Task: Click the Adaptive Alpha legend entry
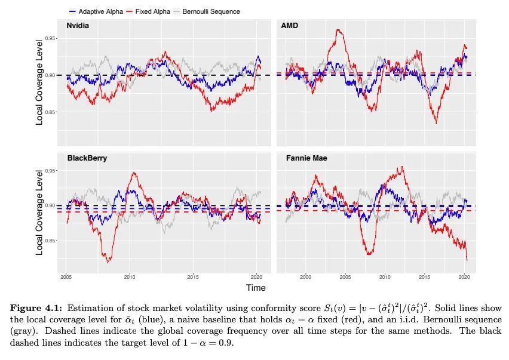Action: [92, 11]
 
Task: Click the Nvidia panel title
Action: [78, 26]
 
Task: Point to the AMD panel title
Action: [290, 26]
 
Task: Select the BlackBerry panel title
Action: [87, 159]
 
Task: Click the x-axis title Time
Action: [256, 288]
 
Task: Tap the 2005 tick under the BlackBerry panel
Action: [66, 277]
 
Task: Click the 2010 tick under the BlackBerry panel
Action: [130, 277]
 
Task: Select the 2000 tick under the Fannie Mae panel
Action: [305, 277]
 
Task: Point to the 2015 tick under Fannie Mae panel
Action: [424, 277]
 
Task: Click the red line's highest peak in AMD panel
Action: [339, 30]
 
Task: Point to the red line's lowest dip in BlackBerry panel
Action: [108, 261]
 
